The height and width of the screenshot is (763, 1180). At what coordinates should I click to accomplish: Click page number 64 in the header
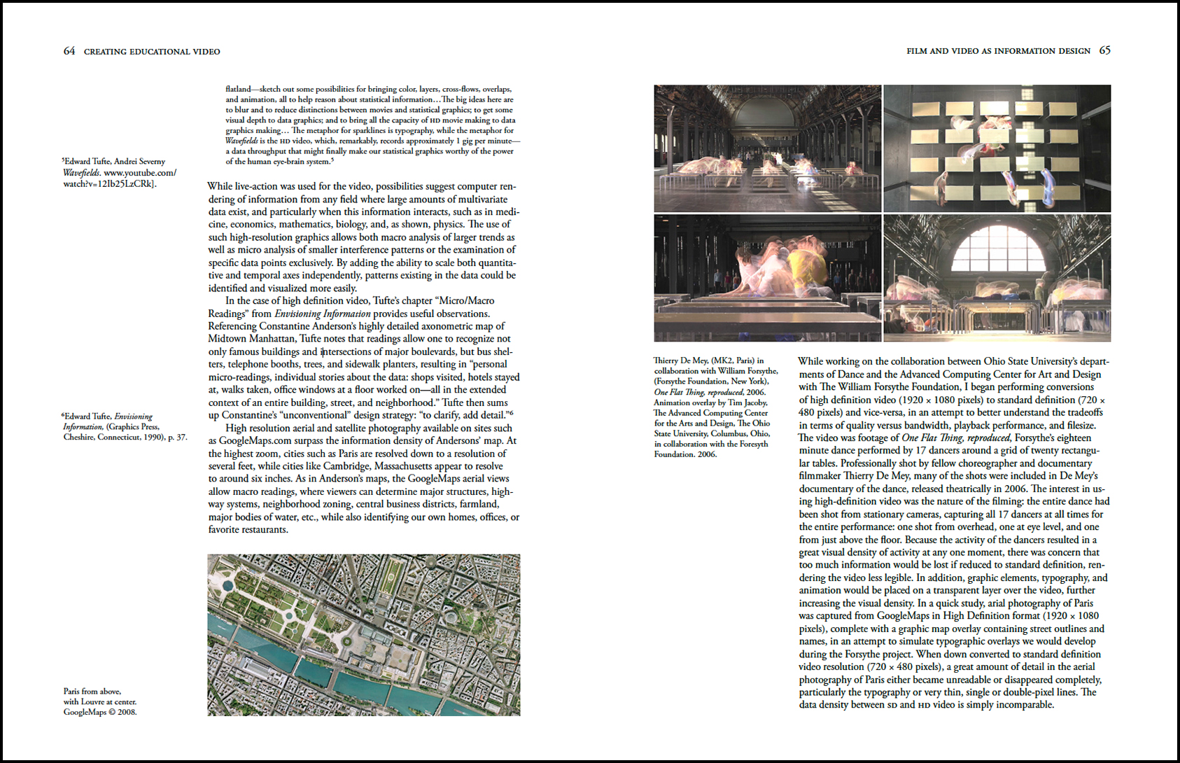coord(69,51)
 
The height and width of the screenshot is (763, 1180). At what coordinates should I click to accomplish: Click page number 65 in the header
coord(1104,50)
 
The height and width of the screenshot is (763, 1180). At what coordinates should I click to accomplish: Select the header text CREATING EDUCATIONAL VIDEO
coord(152,52)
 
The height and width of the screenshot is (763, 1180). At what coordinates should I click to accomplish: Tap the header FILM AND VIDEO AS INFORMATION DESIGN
coord(998,51)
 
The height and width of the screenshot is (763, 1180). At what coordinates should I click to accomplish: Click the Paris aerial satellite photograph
coord(363,635)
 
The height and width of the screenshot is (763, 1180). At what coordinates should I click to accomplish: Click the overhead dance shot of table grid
coord(997,148)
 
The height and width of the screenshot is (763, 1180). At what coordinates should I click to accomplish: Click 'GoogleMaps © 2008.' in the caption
coord(100,712)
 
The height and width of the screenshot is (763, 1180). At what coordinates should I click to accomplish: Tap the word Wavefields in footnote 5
coord(81,173)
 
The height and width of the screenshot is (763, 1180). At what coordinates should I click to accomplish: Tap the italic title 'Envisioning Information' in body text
coord(322,314)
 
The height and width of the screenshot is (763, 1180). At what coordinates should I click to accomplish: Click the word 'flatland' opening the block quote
coord(238,90)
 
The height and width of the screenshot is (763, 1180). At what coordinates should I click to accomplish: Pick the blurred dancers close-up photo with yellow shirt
coord(767,278)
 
